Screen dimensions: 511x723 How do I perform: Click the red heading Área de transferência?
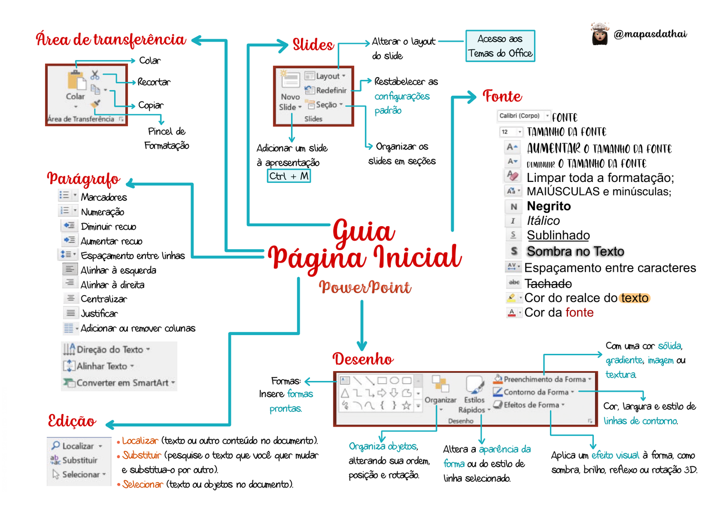(x=111, y=40)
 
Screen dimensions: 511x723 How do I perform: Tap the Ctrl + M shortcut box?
(x=289, y=176)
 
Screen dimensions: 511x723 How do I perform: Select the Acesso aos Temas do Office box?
(x=500, y=46)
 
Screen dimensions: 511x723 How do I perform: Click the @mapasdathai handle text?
(x=650, y=34)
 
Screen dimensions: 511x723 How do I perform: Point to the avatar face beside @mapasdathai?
(x=600, y=34)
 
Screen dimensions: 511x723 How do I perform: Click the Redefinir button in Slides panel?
(x=326, y=90)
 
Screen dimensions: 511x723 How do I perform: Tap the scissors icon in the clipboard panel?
(x=95, y=74)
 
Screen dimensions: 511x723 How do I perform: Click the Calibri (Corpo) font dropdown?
(x=523, y=116)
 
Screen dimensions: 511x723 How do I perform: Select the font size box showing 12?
(x=511, y=132)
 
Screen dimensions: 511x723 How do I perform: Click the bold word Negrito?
(x=549, y=206)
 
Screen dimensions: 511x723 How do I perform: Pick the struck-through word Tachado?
(x=548, y=283)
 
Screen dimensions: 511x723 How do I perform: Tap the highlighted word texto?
(x=634, y=298)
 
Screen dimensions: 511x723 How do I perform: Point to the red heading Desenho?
(x=363, y=359)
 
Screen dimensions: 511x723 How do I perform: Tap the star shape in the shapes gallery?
(x=406, y=405)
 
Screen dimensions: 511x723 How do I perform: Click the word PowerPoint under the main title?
(x=365, y=287)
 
